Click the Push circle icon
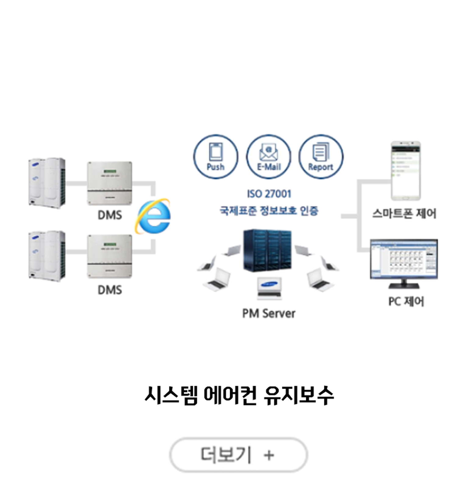[x=216, y=157]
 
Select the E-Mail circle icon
[x=268, y=157]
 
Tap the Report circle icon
[x=321, y=157]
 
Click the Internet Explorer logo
[x=153, y=216]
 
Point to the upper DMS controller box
[x=110, y=183]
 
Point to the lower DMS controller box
[x=110, y=256]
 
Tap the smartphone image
[x=406, y=171]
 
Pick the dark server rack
[x=267, y=250]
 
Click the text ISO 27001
[x=269, y=194]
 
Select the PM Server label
[x=269, y=313]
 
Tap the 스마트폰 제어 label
[x=404, y=214]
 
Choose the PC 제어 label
[x=406, y=301]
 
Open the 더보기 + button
[x=238, y=455]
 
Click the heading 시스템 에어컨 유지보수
[x=239, y=395]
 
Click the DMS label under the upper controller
[x=110, y=215]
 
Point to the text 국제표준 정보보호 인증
[x=269, y=211]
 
